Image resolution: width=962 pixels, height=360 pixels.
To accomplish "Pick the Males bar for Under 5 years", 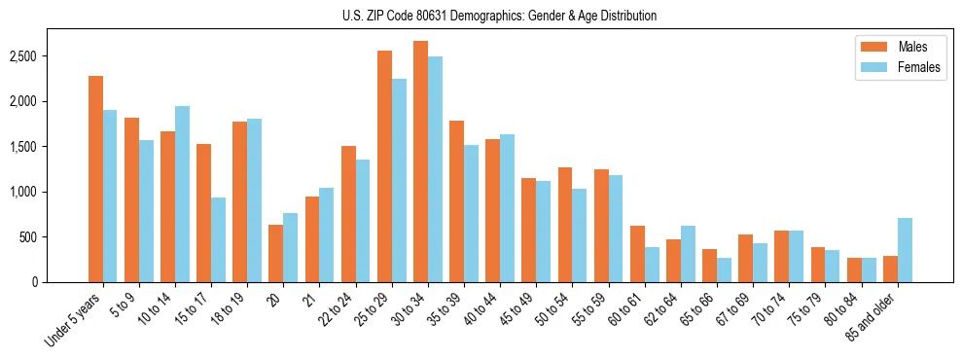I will point(95,179).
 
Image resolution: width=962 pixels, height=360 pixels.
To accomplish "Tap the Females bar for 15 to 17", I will point(218,239).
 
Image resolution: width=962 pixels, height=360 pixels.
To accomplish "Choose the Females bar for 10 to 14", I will point(182,194).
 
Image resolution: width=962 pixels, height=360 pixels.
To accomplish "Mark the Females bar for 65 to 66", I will point(724,270).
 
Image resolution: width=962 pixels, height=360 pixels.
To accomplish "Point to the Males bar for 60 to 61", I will point(637,254).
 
